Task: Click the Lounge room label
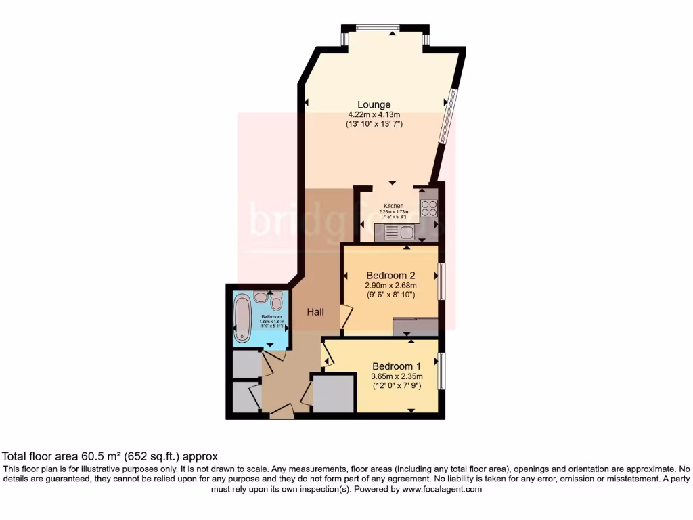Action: (x=374, y=104)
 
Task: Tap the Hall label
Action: (x=315, y=312)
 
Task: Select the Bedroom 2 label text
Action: (x=390, y=276)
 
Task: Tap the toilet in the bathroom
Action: (x=275, y=299)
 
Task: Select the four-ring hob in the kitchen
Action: (x=428, y=208)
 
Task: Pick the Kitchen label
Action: (x=394, y=206)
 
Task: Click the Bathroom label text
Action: (x=271, y=316)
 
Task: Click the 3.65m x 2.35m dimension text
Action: (x=397, y=377)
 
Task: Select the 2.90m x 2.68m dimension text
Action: (x=390, y=286)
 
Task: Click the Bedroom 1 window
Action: (x=441, y=370)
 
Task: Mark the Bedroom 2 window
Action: (x=441, y=281)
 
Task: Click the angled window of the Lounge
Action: (x=448, y=116)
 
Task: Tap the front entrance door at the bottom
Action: (x=282, y=411)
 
